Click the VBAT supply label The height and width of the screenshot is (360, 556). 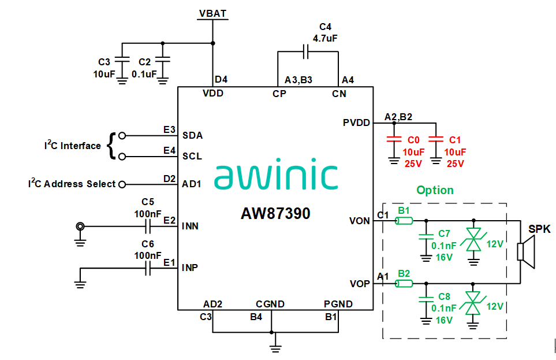213,13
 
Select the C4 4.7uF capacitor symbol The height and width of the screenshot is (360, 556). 307,53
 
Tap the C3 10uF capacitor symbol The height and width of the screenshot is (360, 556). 122,60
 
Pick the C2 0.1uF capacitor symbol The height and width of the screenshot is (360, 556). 163,60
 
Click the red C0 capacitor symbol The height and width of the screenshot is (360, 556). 394,139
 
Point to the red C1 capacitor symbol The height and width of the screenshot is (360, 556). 436,139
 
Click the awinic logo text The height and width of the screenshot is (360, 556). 276,176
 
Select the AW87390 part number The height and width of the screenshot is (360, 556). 275,214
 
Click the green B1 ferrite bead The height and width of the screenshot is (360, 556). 404,221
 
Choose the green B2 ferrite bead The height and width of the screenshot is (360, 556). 404,284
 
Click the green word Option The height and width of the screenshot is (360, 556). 435,190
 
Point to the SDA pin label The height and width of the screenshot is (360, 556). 192,136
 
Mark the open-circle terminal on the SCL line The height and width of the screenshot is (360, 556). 122,157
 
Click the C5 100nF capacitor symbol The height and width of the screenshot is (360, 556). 148,227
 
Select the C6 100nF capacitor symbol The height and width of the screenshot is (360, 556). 148,268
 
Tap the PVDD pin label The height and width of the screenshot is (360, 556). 356,123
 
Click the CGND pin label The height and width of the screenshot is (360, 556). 270,304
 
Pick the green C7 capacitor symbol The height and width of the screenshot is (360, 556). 426,236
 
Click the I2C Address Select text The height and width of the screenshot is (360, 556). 72,184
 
